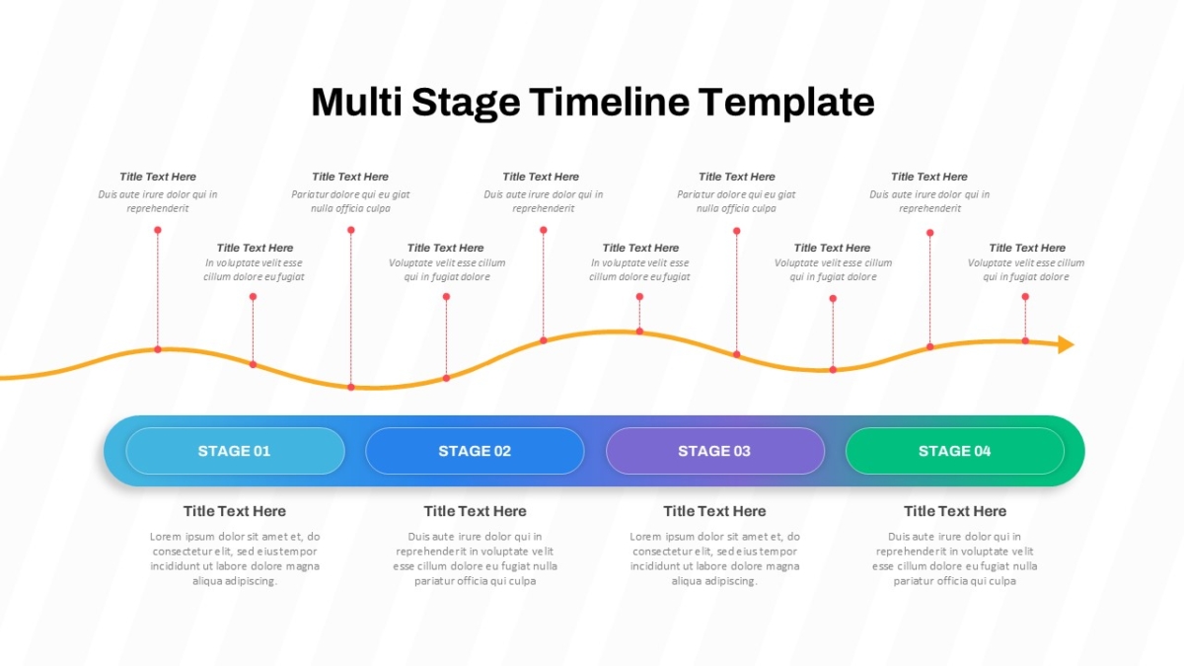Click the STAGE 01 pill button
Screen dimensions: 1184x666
click(235, 451)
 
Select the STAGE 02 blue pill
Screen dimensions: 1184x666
click(475, 451)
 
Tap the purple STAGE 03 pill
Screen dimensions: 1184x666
click(714, 451)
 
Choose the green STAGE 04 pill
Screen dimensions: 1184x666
click(955, 451)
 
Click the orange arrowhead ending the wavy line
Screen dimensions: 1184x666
click(1066, 344)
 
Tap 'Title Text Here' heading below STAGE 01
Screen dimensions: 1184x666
click(235, 511)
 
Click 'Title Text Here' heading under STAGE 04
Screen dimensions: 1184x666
click(955, 511)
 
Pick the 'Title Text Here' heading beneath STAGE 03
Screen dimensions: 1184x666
click(714, 511)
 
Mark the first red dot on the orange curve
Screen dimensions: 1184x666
click(158, 349)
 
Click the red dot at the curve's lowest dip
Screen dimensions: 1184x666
click(351, 388)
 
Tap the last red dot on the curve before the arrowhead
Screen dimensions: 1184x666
click(1025, 341)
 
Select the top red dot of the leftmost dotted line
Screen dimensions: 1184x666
click(158, 230)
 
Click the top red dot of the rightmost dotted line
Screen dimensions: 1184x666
click(1025, 297)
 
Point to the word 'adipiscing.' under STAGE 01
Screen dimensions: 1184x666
click(250, 581)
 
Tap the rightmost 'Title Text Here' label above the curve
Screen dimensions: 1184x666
click(1027, 248)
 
